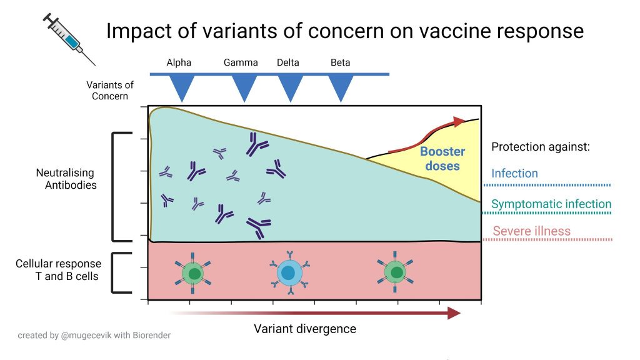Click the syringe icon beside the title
[69, 39]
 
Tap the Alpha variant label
[179, 62]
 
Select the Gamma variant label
[241, 62]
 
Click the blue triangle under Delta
[291, 88]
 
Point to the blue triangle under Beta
[341, 88]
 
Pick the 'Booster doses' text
[442, 159]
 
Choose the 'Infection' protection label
[514, 174]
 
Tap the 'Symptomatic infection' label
[551, 204]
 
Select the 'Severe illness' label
[531, 231]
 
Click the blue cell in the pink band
[288, 272]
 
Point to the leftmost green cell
[194, 273]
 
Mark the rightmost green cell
[395, 272]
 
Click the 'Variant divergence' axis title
[305, 329]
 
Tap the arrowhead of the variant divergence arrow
[455, 312]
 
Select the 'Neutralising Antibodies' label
[67, 179]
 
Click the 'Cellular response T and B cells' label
[57, 269]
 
